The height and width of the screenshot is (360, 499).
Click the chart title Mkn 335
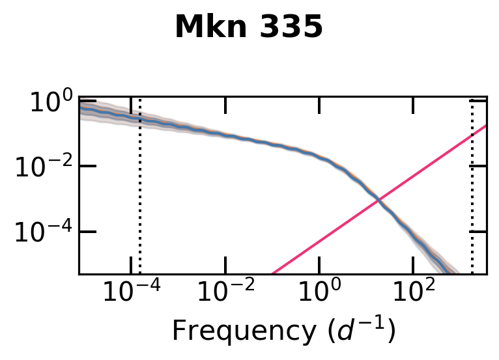(249, 27)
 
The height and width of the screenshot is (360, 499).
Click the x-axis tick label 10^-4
(131, 293)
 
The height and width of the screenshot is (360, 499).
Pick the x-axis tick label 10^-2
(225, 293)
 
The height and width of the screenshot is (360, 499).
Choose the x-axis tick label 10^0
(319, 293)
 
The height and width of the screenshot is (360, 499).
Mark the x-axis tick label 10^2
(412, 293)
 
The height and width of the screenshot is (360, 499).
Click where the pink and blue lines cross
(378, 202)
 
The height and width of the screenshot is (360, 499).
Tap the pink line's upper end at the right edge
(486, 126)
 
